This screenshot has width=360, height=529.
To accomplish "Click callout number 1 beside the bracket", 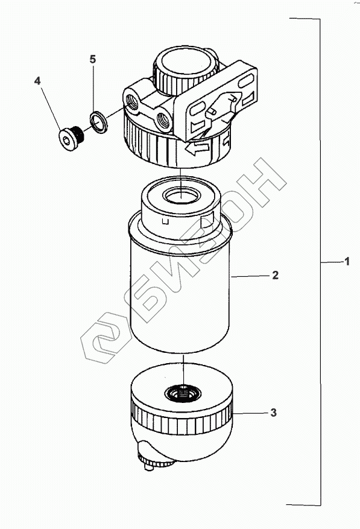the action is point(347,261).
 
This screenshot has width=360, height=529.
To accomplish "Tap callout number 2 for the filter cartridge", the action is point(276,275).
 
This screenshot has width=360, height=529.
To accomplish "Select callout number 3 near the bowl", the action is point(273,413).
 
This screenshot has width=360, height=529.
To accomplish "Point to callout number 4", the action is point(37,81).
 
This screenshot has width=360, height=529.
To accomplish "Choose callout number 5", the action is point(93,59).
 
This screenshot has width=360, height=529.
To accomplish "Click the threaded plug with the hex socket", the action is point(71,138).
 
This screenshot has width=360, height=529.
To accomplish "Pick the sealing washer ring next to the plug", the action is point(98,122).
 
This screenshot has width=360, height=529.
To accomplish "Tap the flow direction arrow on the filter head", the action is point(197,148).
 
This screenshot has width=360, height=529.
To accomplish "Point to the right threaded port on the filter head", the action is point(163,119).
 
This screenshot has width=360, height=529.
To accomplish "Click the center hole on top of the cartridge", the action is point(182,195).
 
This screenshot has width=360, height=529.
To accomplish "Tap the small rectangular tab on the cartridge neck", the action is point(165,221).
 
